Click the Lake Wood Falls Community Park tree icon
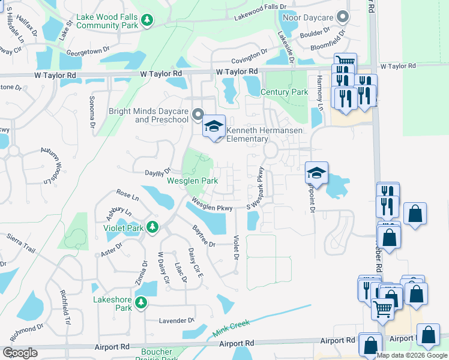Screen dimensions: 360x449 (x=147, y=20)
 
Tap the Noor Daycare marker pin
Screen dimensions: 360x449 (x=343, y=16)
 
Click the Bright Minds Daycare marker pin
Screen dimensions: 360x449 (x=199, y=113)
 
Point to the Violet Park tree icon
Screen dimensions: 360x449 (x=152, y=227)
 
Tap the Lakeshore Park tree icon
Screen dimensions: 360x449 (x=141, y=302)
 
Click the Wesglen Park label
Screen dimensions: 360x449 (x=192, y=180)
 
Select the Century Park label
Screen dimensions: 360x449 (x=285, y=92)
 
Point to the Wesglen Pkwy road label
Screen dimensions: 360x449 (x=212, y=205)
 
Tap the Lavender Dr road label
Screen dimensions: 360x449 (x=176, y=320)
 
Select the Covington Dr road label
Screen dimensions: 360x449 (x=250, y=56)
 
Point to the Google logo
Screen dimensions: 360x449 (x=20, y=353)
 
